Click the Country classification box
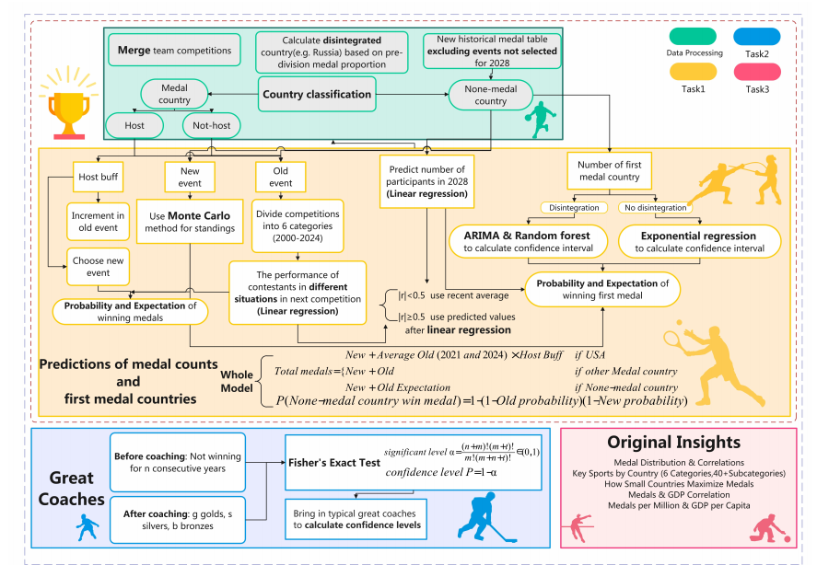317,94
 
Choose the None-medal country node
490,95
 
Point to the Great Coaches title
72,489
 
